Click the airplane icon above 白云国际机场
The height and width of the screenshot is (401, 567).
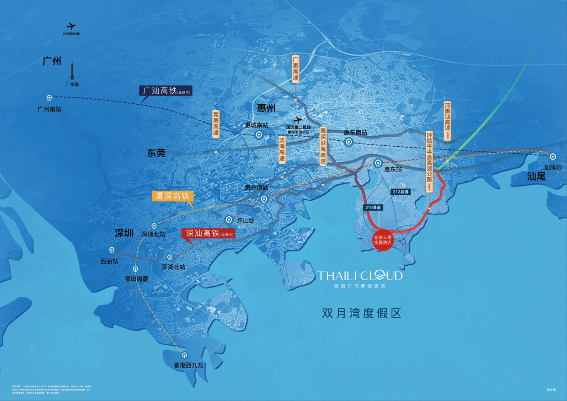[x=71, y=27]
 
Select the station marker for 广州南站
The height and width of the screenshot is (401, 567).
[x=49, y=97]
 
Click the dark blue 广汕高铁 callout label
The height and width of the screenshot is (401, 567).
[x=166, y=91]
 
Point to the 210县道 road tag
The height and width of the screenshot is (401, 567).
[x=373, y=207]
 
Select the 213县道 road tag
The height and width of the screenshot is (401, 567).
[x=400, y=192]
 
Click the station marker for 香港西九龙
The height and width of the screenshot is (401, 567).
[x=184, y=355]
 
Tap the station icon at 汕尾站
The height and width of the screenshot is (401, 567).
[x=553, y=157]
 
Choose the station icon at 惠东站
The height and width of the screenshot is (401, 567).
[x=378, y=163]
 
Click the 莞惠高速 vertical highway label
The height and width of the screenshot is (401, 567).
[x=216, y=123]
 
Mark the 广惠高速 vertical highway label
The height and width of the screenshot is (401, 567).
[x=296, y=69]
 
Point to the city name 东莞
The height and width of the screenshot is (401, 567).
[x=156, y=153]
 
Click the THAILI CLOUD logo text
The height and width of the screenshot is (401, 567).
[x=360, y=275]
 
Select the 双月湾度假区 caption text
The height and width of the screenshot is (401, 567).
[x=361, y=314]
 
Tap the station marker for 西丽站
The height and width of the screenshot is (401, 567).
[x=112, y=250]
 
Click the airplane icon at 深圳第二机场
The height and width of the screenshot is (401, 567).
[x=298, y=120]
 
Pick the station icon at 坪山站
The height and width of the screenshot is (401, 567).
[x=229, y=220]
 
